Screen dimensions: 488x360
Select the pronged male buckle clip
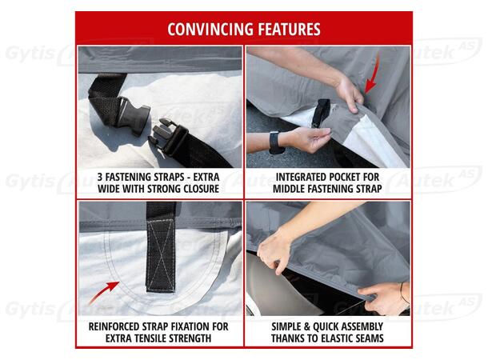tap(169, 136)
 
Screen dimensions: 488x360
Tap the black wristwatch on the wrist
tap(275, 142)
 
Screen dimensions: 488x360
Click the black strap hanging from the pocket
tap(321, 113)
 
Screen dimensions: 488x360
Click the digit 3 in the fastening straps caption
tap(100, 177)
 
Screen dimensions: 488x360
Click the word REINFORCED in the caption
tap(114, 326)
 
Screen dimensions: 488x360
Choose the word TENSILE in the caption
tap(150, 338)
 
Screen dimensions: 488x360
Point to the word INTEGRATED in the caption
tap(298, 177)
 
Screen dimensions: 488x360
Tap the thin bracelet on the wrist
tap(404, 293)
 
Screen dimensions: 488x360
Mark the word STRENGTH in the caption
tap(190, 338)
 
